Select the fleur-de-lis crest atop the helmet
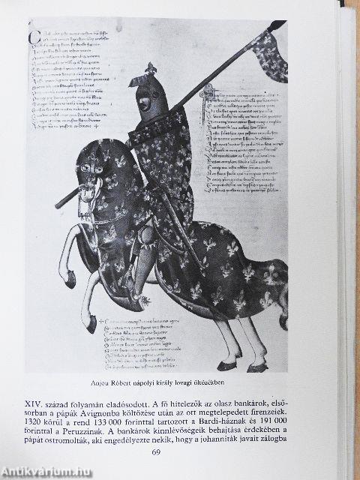[x=150, y=70]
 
